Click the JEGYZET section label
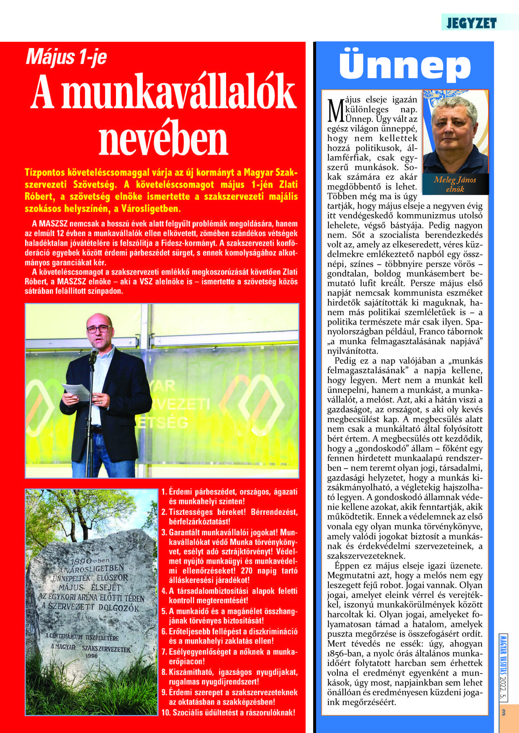point(471,23)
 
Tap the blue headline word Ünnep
point(405,66)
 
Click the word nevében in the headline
point(163,139)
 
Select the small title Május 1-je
point(66,57)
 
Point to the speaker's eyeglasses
point(99,329)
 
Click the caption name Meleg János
point(455,180)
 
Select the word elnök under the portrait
point(455,189)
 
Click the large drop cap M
point(335,111)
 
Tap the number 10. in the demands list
point(166,713)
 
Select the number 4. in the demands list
point(164,591)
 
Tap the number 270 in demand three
point(247,570)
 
